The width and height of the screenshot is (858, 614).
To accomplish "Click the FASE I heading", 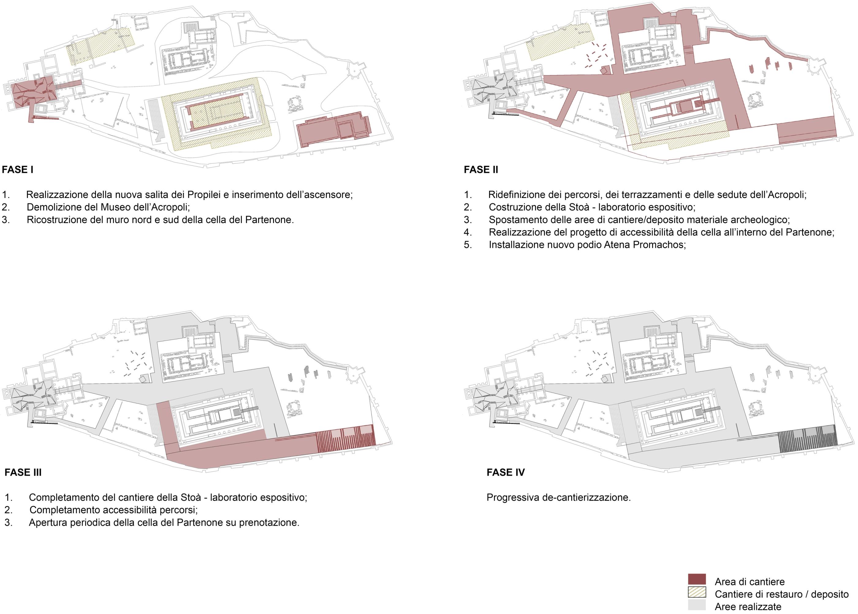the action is pyautogui.click(x=17, y=170).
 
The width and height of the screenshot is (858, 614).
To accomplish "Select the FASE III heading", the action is pyautogui.click(x=23, y=472).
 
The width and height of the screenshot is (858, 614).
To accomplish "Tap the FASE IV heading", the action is pyautogui.click(x=506, y=472).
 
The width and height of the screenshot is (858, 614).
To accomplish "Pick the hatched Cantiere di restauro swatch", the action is pyautogui.click(x=697, y=593).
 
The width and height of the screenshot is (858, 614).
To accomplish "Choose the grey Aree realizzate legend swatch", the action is pyautogui.click(x=697, y=606).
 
